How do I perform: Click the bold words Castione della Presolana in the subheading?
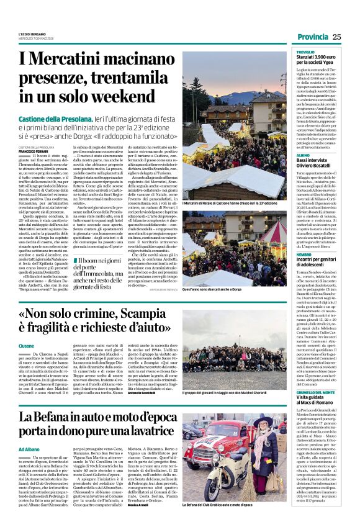tap(60, 117)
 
